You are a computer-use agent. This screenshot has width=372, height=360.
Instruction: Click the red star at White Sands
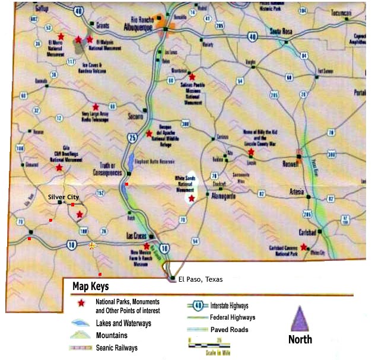[191, 199]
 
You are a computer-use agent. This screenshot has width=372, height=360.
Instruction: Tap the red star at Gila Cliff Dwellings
[59, 168]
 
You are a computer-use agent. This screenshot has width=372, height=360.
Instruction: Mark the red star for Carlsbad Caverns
[304, 246]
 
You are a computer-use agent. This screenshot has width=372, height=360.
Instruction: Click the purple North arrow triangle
[300, 318]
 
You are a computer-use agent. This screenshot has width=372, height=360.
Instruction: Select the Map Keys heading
[90, 286]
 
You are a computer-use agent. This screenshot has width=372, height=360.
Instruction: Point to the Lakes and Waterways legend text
[123, 323]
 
